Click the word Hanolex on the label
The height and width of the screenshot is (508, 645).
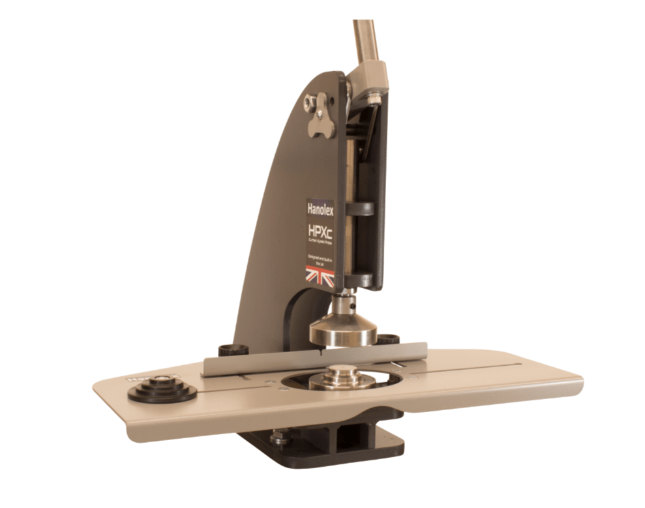[x=320, y=209]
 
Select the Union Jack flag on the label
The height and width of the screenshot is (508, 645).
[x=320, y=276]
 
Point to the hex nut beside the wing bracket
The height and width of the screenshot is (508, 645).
[x=310, y=102]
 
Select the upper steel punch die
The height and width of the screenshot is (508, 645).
[x=343, y=329]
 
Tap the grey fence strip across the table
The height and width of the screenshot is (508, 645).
[x=313, y=359]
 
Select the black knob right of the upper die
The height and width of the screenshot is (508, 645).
[x=389, y=340]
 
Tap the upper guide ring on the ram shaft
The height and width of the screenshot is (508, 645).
[x=360, y=209]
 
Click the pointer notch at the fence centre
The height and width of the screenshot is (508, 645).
[x=322, y=351]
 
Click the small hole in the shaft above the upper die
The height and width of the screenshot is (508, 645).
[x=353, y=302]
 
